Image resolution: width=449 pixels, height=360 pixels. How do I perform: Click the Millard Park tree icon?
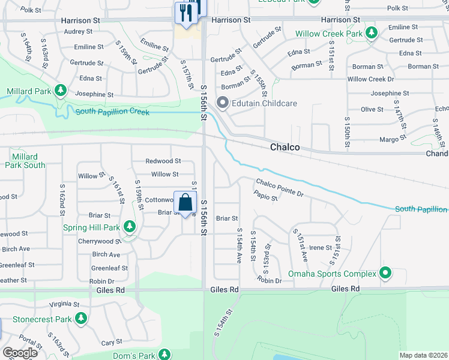tap(60, 91)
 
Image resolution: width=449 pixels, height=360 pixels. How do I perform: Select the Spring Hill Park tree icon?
tap(129, 227)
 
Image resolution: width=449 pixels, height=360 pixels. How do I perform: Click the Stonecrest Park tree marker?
tap(80, 317)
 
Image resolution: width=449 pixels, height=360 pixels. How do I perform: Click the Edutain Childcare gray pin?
tap(223, 103)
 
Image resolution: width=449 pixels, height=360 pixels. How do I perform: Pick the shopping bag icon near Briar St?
tap(185, 203)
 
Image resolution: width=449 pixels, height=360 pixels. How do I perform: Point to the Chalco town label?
tap(285, 147)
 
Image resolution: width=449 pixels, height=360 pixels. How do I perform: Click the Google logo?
tap(20, 353)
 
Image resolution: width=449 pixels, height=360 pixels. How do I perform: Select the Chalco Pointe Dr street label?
tap(280, 187)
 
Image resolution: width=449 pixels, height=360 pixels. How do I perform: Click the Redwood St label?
tap(163, 161)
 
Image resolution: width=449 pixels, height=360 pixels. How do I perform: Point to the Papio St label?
tap(265, 196)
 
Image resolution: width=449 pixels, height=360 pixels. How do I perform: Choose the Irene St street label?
tap(321, 247)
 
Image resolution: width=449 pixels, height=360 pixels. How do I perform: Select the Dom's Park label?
tap(134, 356)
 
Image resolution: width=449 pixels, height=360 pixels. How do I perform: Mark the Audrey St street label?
tap(78, 31)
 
